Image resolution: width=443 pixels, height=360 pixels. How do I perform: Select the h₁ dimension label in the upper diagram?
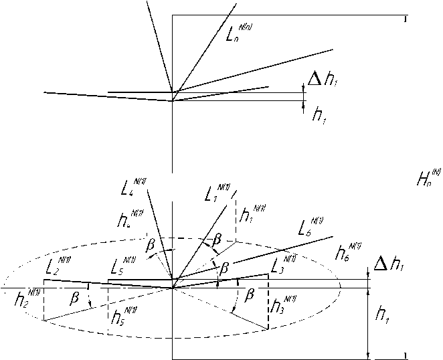319,114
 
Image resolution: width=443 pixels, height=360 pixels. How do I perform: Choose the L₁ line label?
214,195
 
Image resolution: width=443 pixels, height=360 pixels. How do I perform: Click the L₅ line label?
121,267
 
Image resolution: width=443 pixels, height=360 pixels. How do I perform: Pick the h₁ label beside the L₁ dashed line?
249,216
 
